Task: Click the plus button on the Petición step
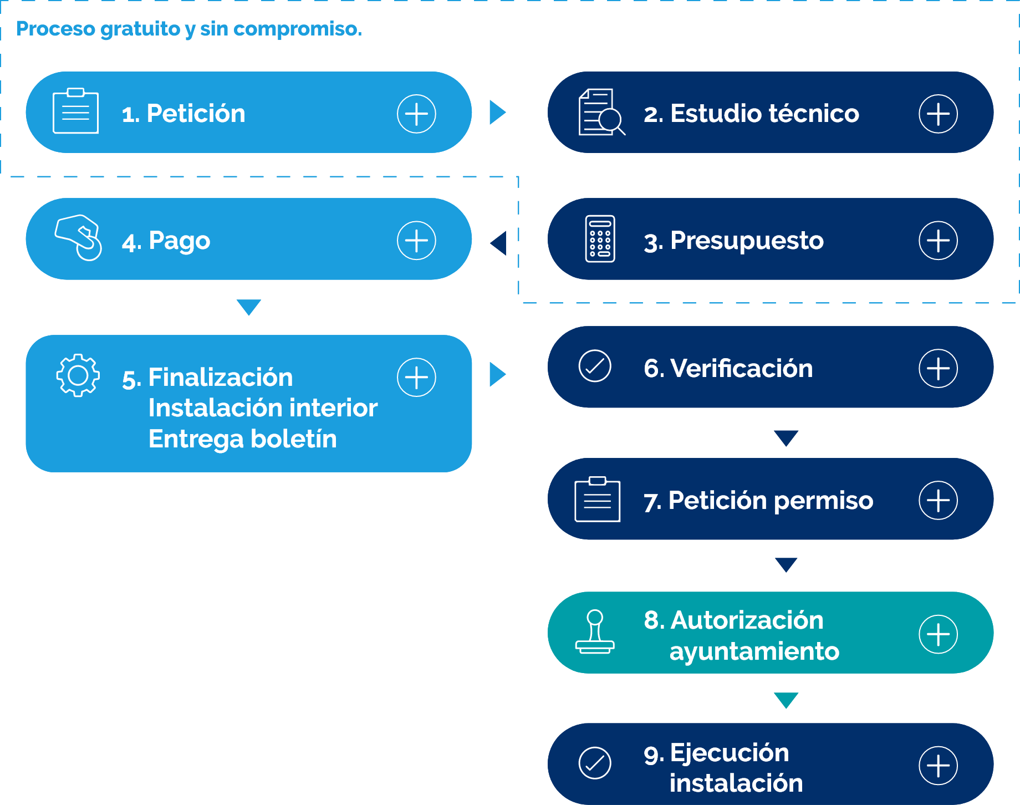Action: (x=416, y=114)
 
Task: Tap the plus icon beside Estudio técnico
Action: (x=938, y=114)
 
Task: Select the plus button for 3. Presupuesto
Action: (x=938, y=241)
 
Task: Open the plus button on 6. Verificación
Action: (x=938, y=368)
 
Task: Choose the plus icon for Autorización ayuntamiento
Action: (x=938, y=634)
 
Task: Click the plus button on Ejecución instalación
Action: (x=938, y=766)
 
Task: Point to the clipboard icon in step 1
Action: (x=75, y=111)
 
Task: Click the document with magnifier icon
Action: (x=601, y=113)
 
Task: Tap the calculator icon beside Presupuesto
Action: (x=600, y=239)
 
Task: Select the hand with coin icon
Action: (x=79, y=237)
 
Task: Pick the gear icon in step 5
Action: (x=78, y=375)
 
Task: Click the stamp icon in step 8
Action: (x=595, y=632)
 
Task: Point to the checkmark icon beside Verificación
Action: (x=595, y=366)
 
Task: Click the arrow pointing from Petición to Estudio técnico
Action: (x=497, y=113)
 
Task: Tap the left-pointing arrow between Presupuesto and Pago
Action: (x=499, y=243)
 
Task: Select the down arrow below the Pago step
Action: (x=248, y=307)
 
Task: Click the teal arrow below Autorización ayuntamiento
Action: (x=786, y=700)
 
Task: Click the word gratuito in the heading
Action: (x=141, y=29)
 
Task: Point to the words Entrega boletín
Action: (x=242, y=439)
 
